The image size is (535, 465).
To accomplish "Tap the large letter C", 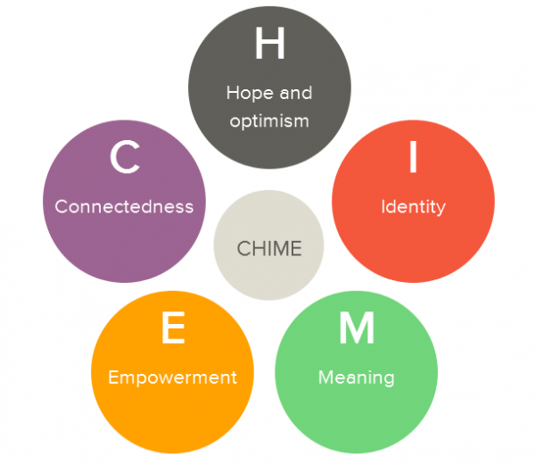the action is tap(124, 158).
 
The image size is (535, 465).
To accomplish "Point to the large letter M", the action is tap(357, 329).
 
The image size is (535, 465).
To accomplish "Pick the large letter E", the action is tap(172, 329).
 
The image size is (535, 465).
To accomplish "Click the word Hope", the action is tap(245, 93).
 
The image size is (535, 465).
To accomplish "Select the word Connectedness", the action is tap(124, 206).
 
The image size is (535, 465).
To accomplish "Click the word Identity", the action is tap(413, 206).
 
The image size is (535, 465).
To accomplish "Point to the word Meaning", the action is tap(357, 378).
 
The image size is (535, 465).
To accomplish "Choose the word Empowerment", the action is tap(172, 378).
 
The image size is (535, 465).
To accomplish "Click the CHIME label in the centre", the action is tap(268, 248).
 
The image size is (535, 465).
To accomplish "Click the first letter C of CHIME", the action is tap(243, 248).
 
